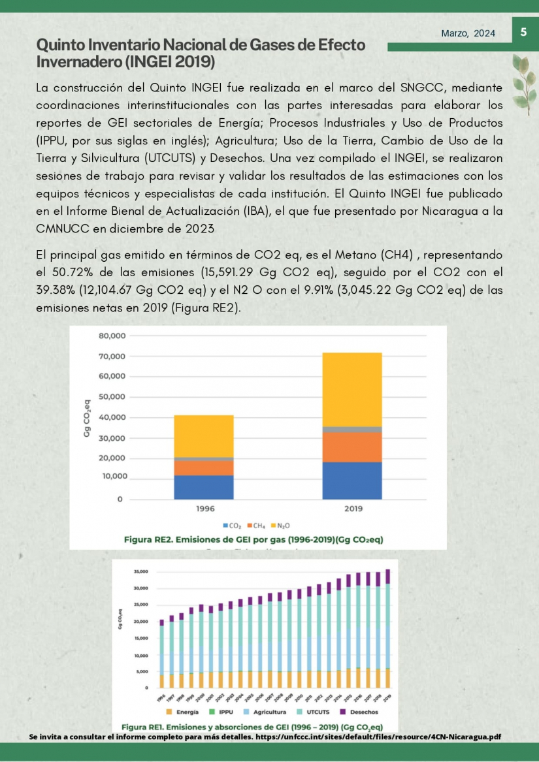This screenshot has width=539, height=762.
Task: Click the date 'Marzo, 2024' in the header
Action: click(468, 33)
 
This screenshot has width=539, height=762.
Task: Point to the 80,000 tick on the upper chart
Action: click(112, 336)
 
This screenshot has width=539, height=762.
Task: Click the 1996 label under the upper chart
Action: click(206, 509)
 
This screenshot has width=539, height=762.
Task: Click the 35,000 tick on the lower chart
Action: click(140, 571)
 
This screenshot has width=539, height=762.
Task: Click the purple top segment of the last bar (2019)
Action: click(388, 576)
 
